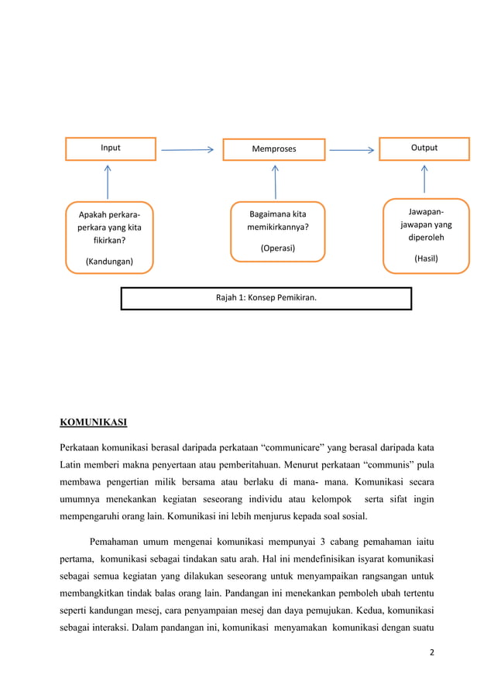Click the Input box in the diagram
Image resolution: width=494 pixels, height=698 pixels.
(x=110, y=148)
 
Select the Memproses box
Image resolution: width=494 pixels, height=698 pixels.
(x=275, y=149)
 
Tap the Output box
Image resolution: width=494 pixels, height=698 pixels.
(x=424, y=147)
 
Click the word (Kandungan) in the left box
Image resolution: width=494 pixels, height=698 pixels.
(x=108, y=262)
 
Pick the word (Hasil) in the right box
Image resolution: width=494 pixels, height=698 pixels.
(x=426, y=258)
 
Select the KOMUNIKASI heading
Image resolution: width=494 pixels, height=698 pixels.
(x=93, y=422)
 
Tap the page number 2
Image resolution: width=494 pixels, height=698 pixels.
(x=432, y=652)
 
